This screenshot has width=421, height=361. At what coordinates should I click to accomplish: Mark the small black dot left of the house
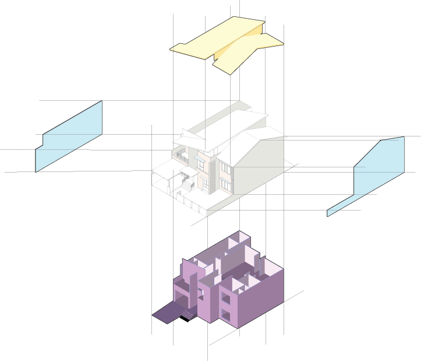pyautogui.click(x=153, y=172)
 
